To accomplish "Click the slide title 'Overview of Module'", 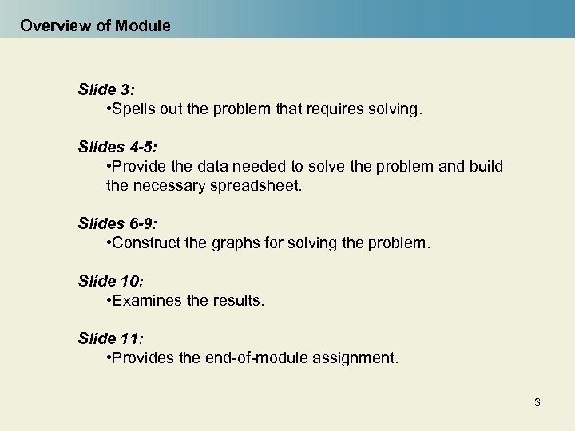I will pyautogui.click(x=95, y=26).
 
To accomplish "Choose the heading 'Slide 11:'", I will pyautogui.click(x=109, y=338).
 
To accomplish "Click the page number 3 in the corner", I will pyautogui.click(x=537, y=402).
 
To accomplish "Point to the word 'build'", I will pyautogui.click(x=486, y=167).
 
